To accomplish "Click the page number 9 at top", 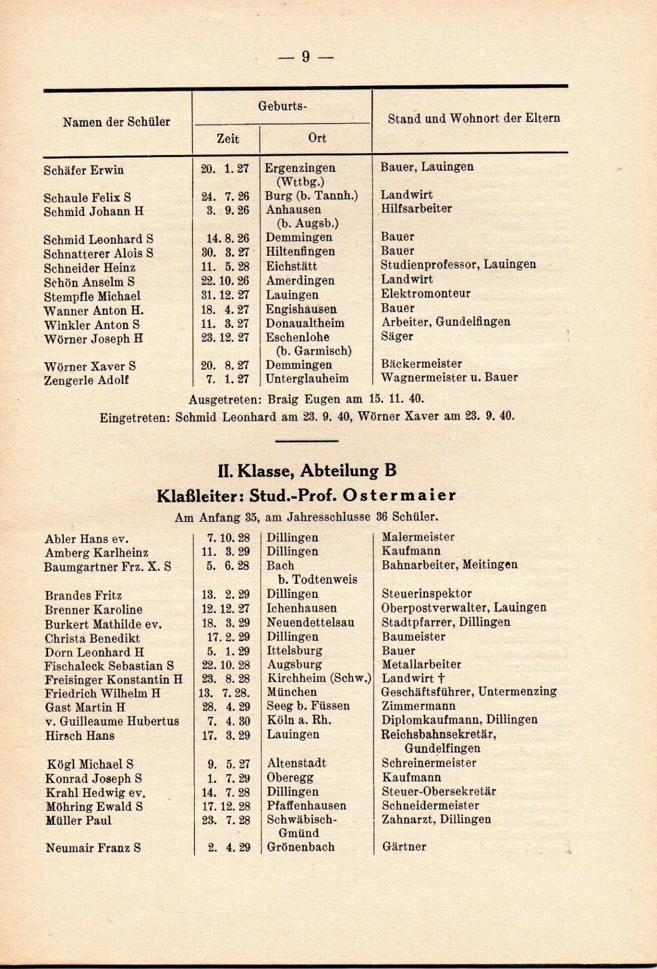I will click(x=306, y=57).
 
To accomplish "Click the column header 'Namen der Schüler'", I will click(x=116, y=122).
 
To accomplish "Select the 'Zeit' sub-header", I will click(x=228, y=139).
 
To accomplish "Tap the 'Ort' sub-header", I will click(x=317, y=138).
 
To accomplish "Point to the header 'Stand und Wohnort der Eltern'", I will click(x=474, y=119).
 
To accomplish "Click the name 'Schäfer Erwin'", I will click(x=83, y=170).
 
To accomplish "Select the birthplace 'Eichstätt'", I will click(x=291, y=266).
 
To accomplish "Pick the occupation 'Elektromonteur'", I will click(x=425, y=294).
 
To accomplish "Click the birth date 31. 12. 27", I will click(x=225, y=295).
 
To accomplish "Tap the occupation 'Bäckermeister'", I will click(x=421, y=364).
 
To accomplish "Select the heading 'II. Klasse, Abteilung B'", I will click(x=307, y=471).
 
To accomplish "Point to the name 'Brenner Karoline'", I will click(x=93, y=610).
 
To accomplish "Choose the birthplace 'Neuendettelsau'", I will click(x=310, y=623).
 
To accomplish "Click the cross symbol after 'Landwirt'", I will click(x=428, y=679).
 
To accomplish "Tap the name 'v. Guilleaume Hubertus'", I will click(x=112, y=722).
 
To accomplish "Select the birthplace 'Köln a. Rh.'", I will click(x=298, y=720).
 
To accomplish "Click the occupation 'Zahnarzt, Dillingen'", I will click(x=436, y=820).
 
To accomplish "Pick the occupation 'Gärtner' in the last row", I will click(x=403, y=847).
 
